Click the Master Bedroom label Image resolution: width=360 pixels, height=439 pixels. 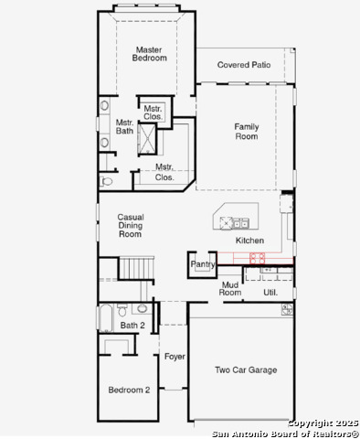tap(149, 54)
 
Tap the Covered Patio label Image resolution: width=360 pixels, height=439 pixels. tap(244, 65)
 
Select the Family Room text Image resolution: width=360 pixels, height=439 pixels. tap(247, 132)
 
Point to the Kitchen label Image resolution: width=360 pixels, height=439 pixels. tap(249, 241)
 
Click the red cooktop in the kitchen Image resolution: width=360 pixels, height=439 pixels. tap(258, 258)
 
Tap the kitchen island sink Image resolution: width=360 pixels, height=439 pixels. tap(241, 223)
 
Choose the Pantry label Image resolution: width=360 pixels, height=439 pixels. tap(203, 264)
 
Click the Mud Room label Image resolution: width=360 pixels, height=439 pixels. tap(230, 289)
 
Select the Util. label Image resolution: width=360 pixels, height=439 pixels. tap(270, 293)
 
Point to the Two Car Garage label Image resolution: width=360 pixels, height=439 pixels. tap(246, 370)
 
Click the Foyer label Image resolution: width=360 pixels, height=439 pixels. tap(175, 357)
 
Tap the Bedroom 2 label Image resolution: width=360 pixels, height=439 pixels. tap(129, 390)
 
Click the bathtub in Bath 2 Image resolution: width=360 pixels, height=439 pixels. tap(106, 317)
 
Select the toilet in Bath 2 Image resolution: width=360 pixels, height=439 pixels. tap(122, 310)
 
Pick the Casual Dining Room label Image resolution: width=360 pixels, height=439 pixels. tap(131, 226)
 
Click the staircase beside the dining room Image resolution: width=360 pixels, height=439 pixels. tap(136, 268)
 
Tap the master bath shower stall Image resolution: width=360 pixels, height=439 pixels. tap(147, 139)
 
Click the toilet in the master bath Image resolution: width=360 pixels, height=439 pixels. tap(106, 182)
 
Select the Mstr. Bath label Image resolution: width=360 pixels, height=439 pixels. tap(124, 127)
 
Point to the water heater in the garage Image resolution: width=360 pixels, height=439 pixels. tap(287, 309)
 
